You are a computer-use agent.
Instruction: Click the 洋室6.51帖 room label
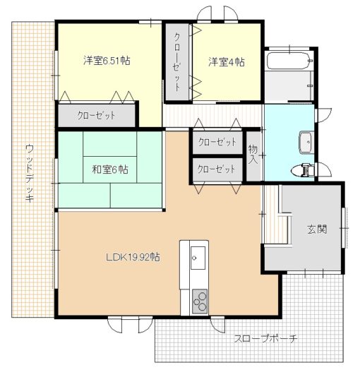(107, 61)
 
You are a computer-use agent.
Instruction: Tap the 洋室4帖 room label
(227, 62)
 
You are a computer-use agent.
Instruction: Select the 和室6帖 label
(110, 169)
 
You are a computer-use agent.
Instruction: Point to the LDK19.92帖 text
(133, 257)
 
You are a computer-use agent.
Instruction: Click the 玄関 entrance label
(317, 229)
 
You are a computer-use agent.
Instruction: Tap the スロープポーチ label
(265, 339)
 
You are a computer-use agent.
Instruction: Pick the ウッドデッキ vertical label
(30, 173)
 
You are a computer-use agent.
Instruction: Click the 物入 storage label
(253, 155)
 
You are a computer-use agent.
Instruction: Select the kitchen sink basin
(198, 258)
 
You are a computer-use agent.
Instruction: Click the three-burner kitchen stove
(200, 301)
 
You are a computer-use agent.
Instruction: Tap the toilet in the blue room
(302, 170)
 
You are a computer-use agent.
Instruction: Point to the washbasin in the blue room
(306, 143)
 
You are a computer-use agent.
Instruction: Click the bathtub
(290, 61)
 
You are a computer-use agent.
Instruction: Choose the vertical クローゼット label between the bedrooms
(177, 62)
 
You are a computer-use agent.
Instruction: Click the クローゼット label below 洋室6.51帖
(96, 116)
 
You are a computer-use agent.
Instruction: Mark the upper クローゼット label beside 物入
(217, 143)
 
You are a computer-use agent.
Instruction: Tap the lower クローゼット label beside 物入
(216, 169)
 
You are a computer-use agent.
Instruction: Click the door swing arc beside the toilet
(325, 169)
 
